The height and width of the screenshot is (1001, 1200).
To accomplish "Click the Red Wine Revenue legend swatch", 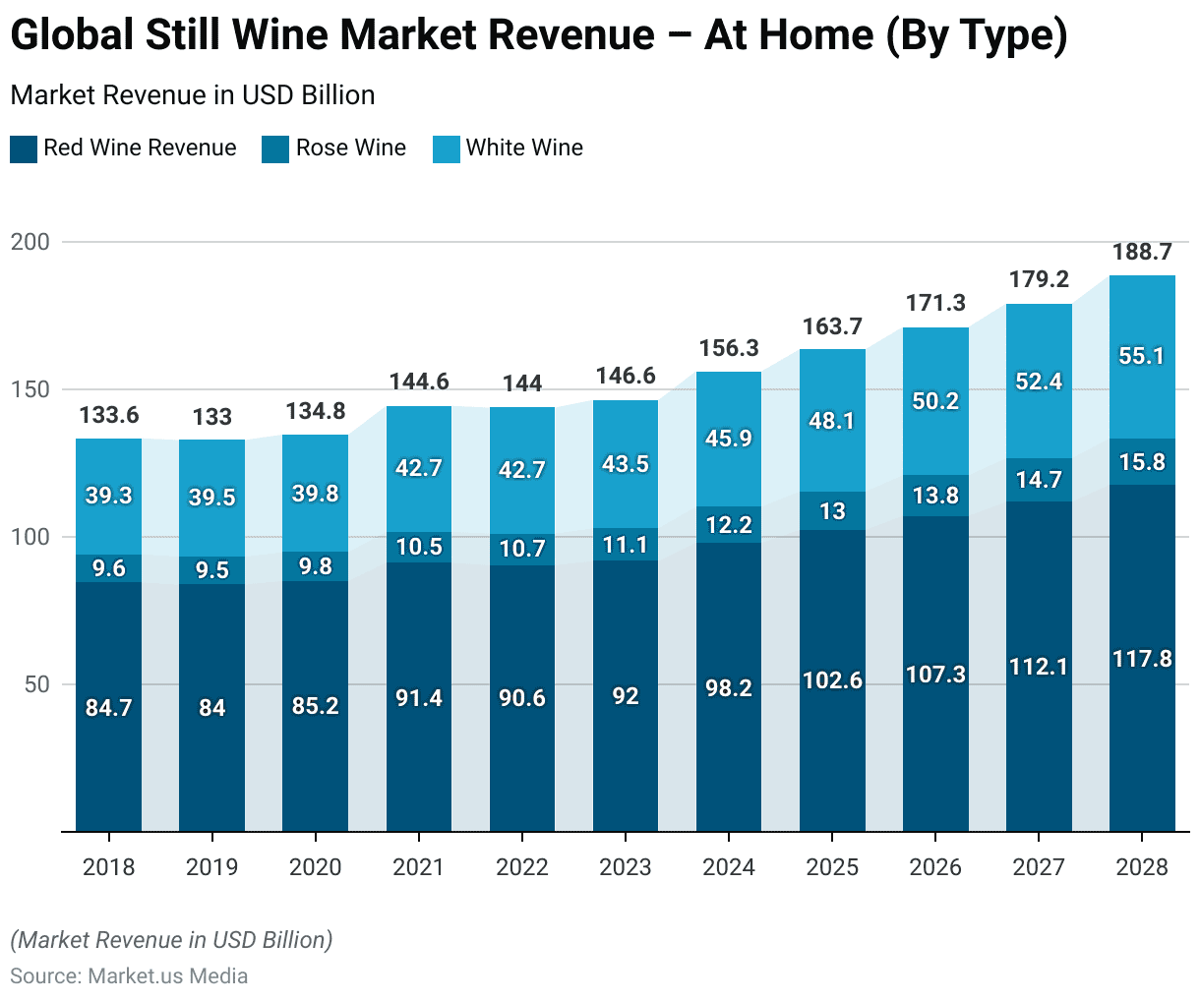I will (x=24, y=149).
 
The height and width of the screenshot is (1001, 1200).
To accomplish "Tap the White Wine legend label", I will (x=524, y=147).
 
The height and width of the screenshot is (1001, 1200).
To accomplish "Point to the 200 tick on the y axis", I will (x=30, y=242).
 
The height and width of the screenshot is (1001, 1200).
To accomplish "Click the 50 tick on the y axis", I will (x=36, y=684).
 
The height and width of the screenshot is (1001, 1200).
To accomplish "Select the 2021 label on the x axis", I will (x=418, y=867).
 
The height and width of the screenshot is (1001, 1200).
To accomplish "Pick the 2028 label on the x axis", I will (x=1142, y=867).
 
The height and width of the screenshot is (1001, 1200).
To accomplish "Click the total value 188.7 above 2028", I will (x=1142, y=253).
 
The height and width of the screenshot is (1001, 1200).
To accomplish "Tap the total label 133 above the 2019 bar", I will (x=212, y=417).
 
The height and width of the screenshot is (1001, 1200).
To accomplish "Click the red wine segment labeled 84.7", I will (x=108, y=708).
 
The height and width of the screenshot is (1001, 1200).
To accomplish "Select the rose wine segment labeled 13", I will (x=832, y=511).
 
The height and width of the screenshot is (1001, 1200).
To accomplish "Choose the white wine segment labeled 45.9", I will (x=729, y=438).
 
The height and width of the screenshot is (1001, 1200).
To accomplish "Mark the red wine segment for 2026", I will (x=935, y=675).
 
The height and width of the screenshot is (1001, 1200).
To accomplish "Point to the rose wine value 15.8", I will (x=1142, y=462).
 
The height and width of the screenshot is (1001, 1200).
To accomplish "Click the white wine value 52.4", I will (x=1039, y=382).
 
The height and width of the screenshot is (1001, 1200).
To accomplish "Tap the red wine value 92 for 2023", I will (x=626, y=696).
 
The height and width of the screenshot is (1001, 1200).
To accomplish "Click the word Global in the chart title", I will (x=71, y=35).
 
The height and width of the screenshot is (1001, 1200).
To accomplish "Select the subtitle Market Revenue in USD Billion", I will (x=193, y=95).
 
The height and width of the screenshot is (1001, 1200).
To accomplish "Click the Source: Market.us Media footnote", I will (x=129, y=976).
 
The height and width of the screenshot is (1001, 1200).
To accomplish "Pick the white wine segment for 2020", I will (x=315, y=494).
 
